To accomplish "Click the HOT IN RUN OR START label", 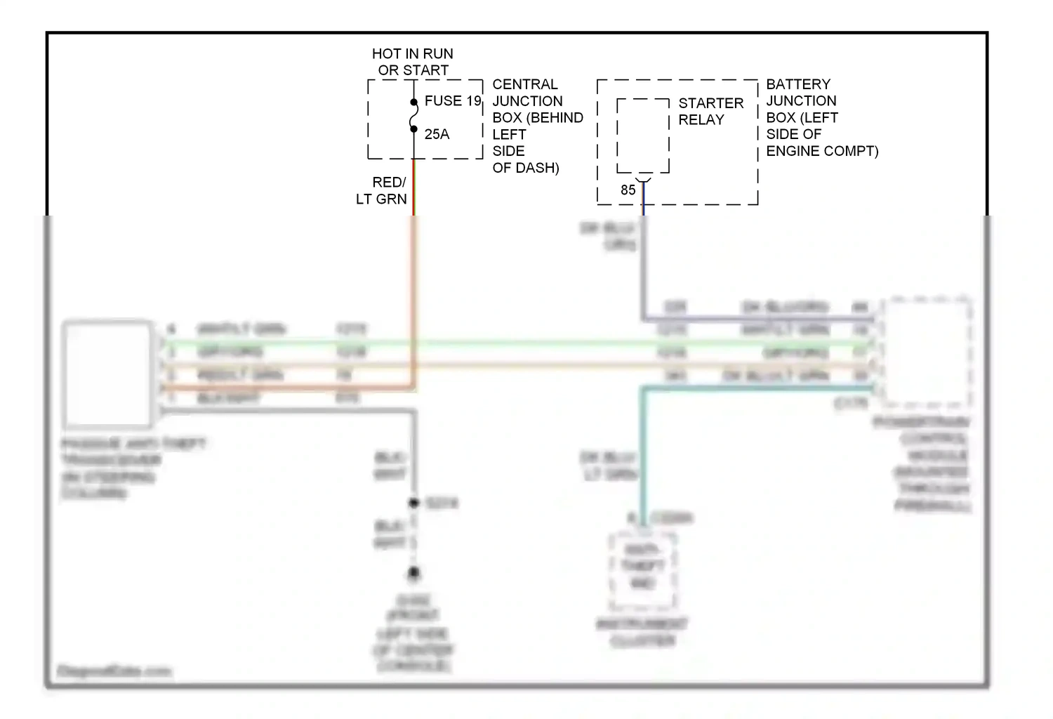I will point(413,62).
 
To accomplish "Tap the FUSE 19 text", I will point(453,101).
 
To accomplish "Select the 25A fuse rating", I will point(437,134).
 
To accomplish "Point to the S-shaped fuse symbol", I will point(414,116).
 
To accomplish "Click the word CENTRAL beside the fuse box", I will point(525,84).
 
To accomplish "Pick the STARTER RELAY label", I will point(710,111).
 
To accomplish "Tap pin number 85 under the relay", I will point(628,190).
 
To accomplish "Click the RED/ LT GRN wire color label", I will point(382,190).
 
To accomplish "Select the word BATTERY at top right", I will point(798,84).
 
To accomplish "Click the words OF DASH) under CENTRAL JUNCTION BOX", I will point(526,168).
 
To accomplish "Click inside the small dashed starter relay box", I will point(643,136).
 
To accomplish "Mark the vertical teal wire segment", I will point(642,456).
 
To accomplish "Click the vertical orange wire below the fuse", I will point(414,295).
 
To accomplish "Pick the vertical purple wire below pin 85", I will point(643,274).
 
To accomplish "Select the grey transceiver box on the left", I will point(107,374).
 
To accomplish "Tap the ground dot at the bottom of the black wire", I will point(414,574).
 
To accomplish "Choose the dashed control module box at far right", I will point(927,352).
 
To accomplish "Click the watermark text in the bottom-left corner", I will point(114,671).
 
